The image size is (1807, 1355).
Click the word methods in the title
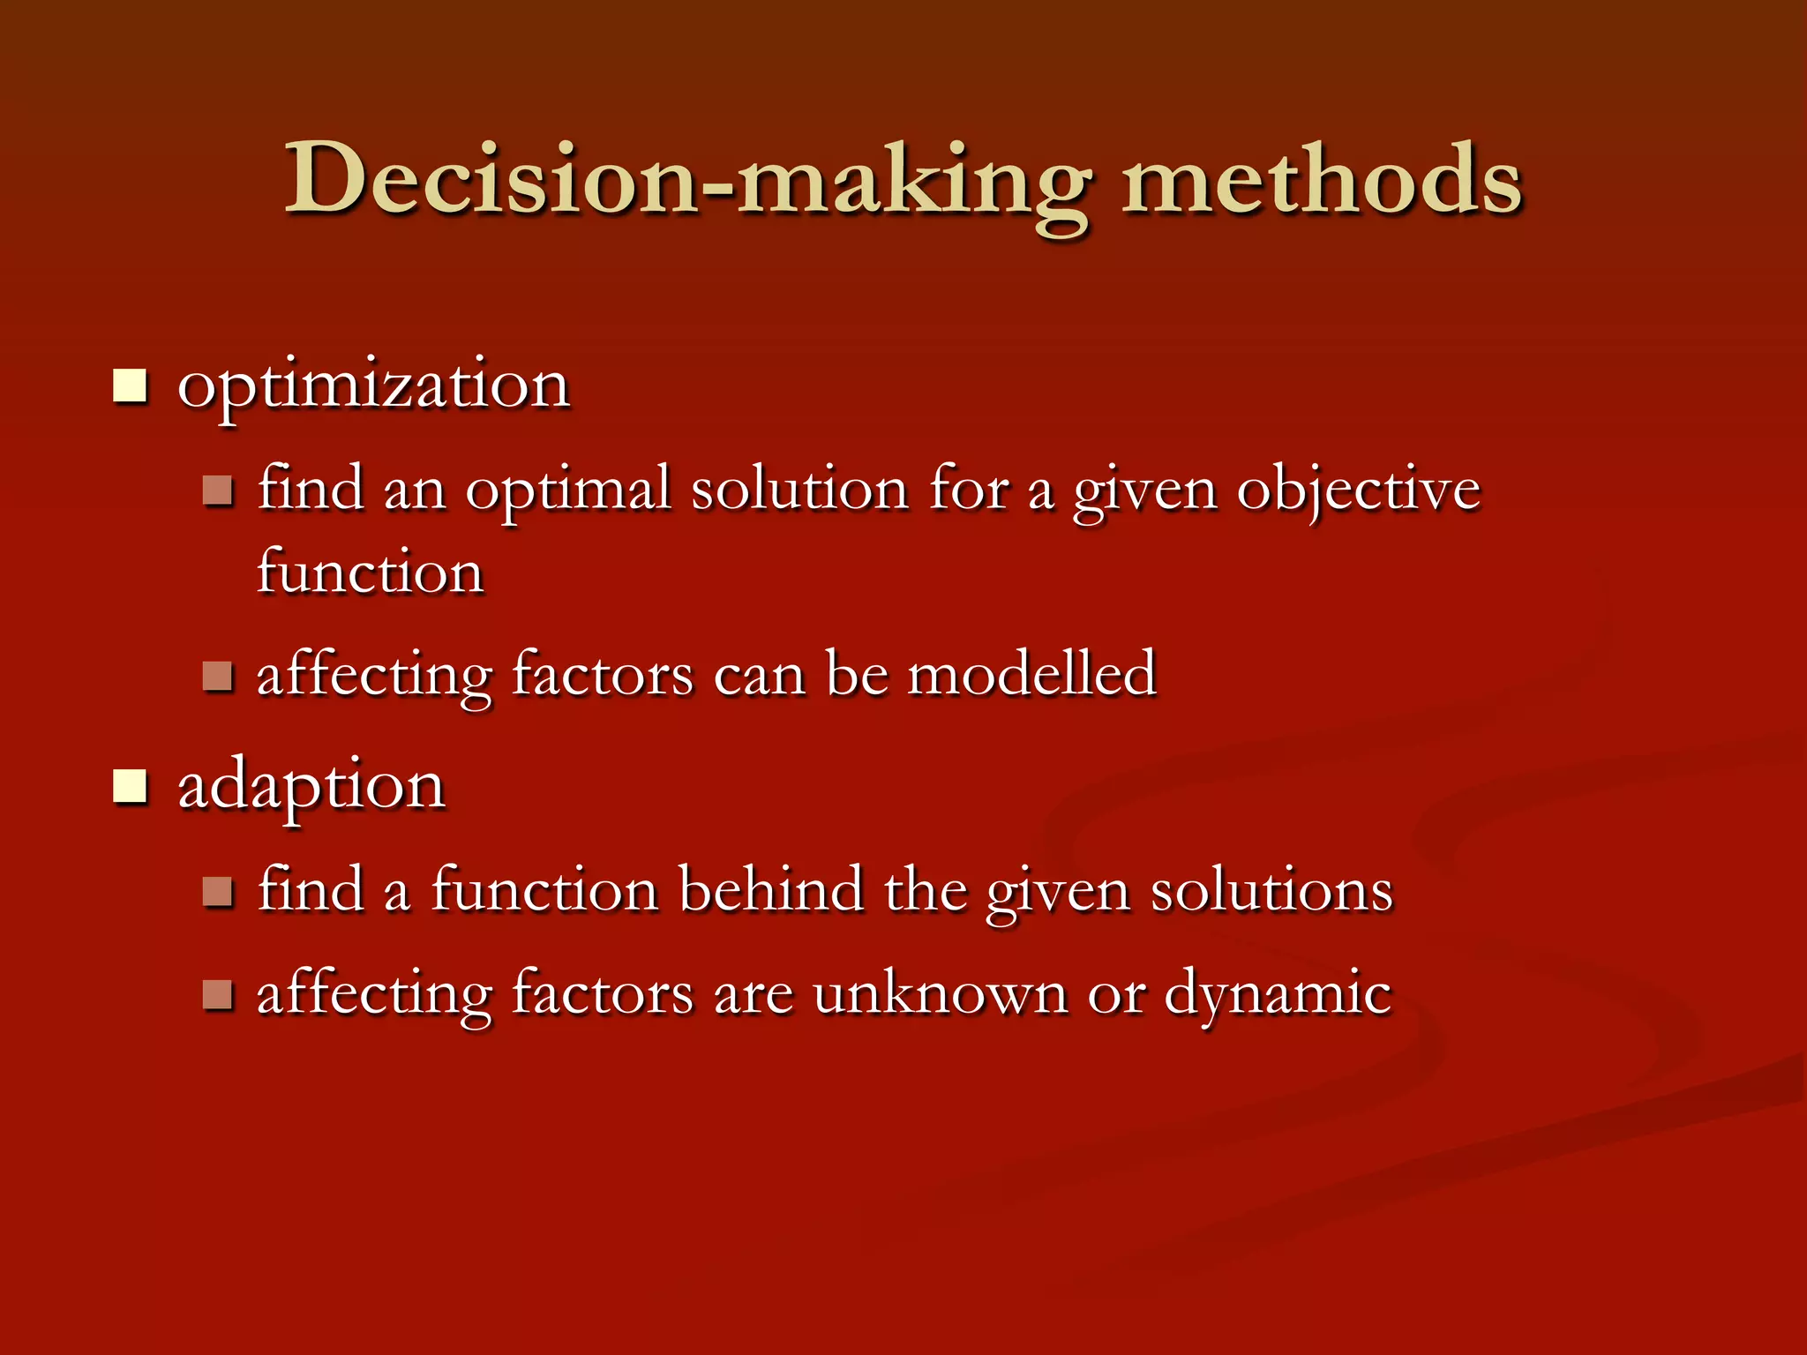pos(1321,181)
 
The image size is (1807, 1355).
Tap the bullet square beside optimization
pos(130,386)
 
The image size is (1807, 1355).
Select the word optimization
pos(373,386)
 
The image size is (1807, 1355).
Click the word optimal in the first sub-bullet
pos(567,490)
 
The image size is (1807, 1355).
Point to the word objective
pos(1358,490)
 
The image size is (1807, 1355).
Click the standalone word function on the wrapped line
pos(371,572)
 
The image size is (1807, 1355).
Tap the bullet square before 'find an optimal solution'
pos(217,490)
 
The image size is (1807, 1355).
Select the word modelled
pos(1031,675)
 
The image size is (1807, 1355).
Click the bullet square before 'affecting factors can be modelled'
pos(217,677)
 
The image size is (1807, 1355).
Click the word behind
pos(770,889)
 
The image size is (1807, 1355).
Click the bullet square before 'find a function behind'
pos(217,892)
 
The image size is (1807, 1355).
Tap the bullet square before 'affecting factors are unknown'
pos(217,995)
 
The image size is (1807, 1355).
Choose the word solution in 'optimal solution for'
pos(799,490)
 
